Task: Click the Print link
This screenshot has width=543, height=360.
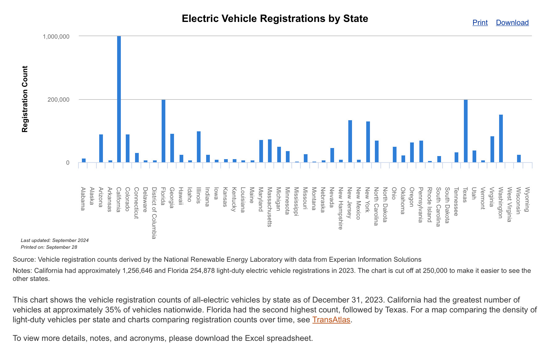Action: click(480, 23)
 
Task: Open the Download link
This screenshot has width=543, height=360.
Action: click(512, 23)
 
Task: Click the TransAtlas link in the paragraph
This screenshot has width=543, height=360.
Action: click(331, 320)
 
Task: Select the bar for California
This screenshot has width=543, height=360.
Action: click(119, 99)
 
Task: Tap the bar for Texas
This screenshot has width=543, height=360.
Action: click(465, 131)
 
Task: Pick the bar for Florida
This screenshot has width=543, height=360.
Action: click(163, 131)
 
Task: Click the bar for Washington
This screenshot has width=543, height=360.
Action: click(501, 138)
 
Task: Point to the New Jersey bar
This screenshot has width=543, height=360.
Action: click(350, 141)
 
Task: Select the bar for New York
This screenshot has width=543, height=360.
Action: click(368, 142)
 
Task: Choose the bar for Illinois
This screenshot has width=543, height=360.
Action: click(199, 147)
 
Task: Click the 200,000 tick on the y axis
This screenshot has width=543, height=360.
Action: click(59, 100)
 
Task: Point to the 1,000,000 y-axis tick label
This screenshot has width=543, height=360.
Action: click(56, 36)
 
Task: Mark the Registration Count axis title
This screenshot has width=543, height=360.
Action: click(25, 99)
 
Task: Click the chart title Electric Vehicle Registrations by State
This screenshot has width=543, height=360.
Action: click(275, 19)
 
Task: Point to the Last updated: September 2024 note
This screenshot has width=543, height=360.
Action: click(55, 240)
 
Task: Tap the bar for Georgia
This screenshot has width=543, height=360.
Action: click(172, 148)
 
